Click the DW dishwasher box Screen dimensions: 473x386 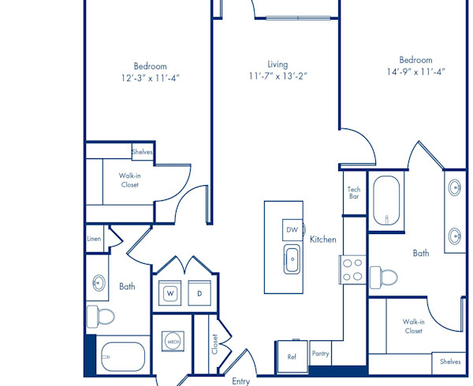(x=292, y=230)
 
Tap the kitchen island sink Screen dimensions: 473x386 (x=292, y=259)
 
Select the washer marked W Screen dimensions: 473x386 (x=169, y=293)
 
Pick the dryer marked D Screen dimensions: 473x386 (x=199, y=293)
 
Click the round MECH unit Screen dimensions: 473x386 (x=173, y=341)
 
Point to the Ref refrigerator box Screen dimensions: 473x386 (x=292, y=357)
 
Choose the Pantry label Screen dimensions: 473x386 (x=320, y=354)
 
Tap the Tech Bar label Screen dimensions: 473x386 (x=354, y=193)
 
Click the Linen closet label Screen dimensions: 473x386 (x=94, y=239)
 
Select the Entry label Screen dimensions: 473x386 (x=240, y=381)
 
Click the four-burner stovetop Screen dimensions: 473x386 (x=352, y=269)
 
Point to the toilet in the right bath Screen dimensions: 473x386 (x=383, y=276)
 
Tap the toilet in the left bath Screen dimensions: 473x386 (x=100, y=317)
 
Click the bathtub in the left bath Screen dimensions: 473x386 (x=123, y=357)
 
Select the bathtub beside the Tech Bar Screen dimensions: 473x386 (x=386, y=200)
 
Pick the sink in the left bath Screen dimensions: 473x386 (x=99, y=283)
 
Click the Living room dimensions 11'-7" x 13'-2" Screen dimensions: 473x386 (x=277, y=76)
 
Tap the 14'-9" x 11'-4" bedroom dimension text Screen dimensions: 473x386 (x=416, y=72)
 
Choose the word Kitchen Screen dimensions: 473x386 (x=322, y=239)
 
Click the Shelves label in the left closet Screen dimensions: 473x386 (x=142, y=152)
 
